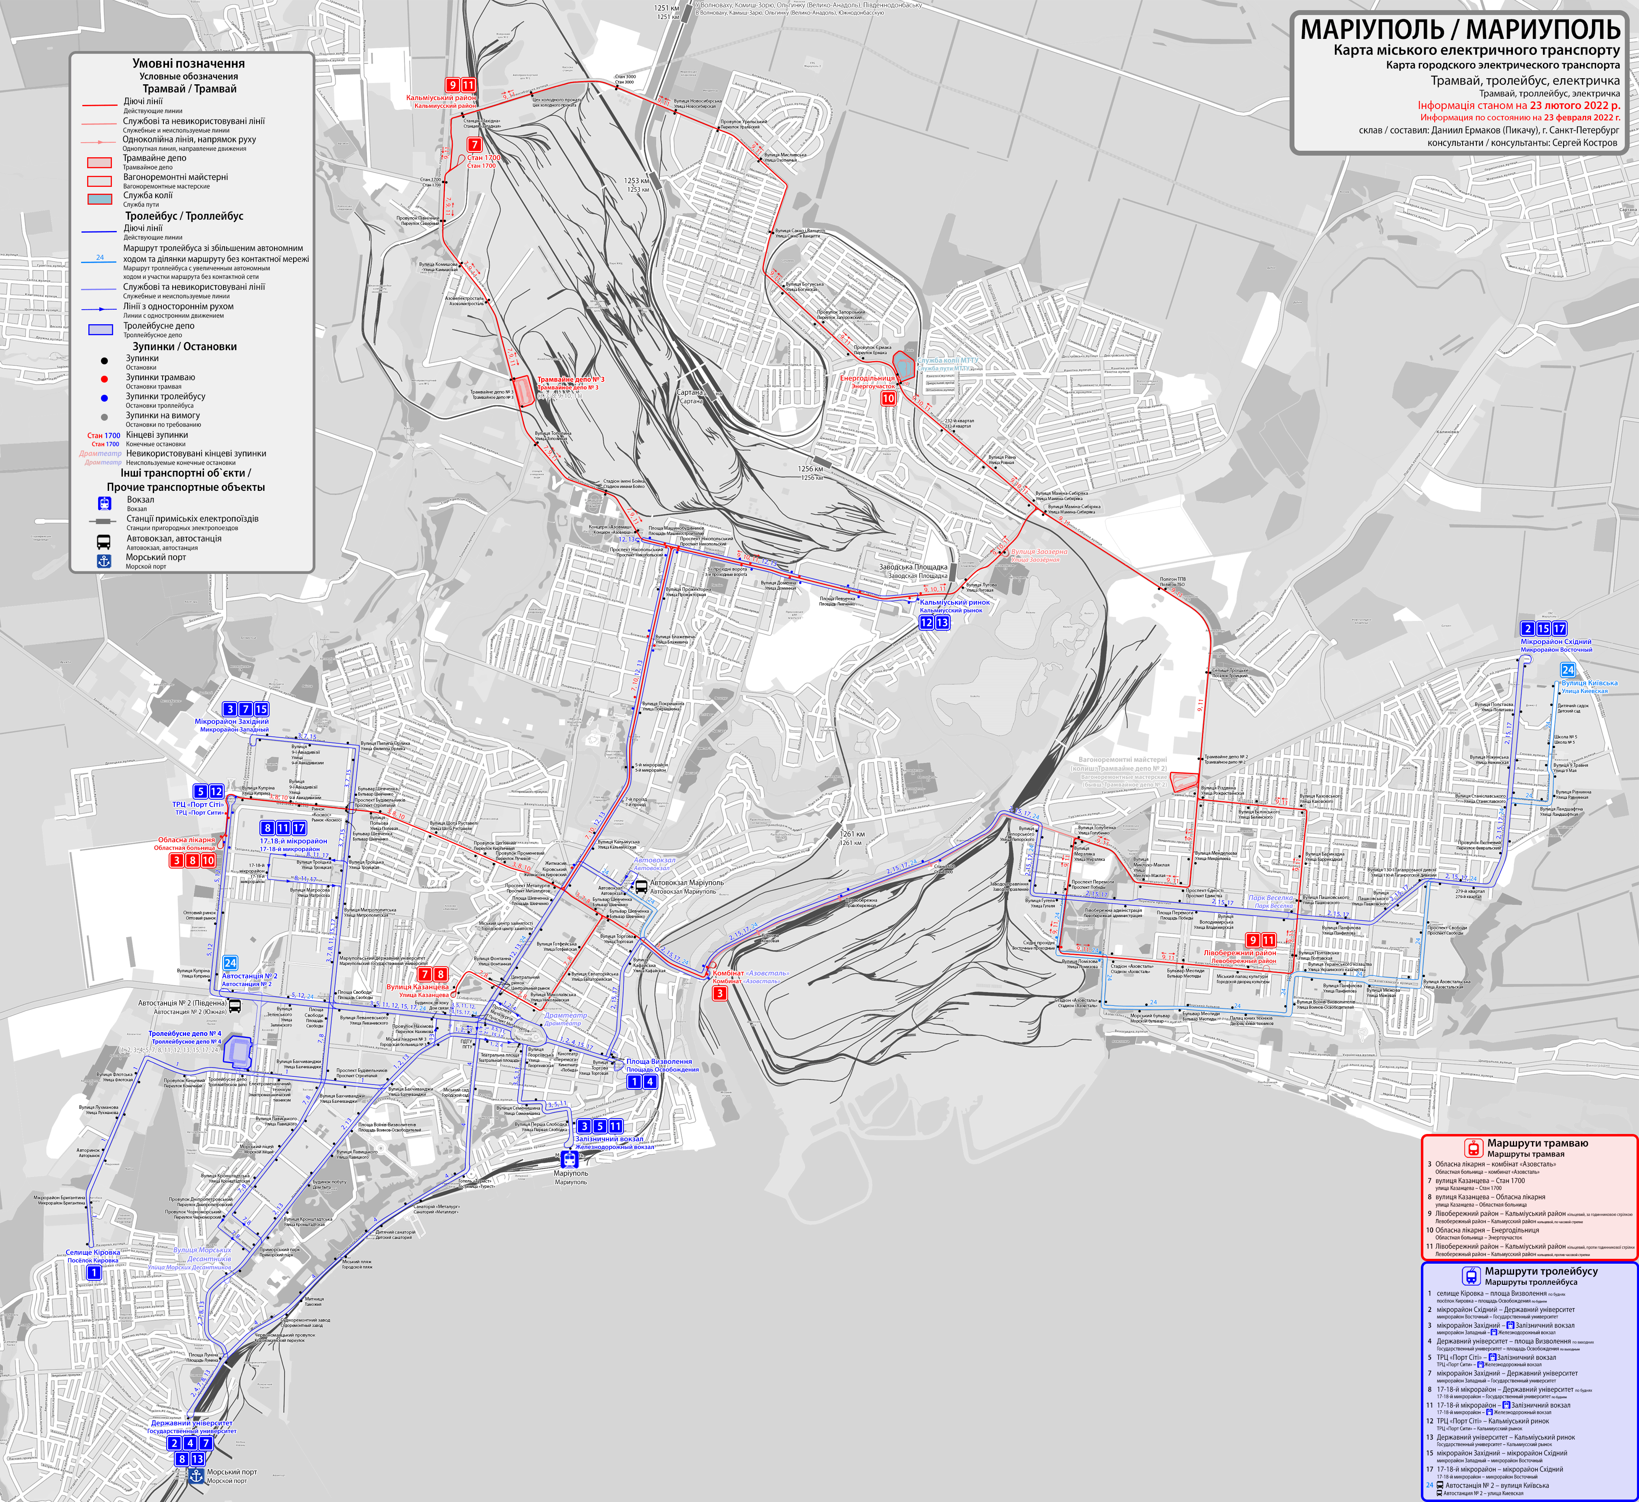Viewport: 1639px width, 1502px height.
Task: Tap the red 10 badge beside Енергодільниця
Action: [889, 398]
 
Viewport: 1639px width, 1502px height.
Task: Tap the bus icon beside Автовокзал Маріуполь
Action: [641, 887]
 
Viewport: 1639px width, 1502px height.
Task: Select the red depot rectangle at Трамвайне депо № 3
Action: [525, 390]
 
